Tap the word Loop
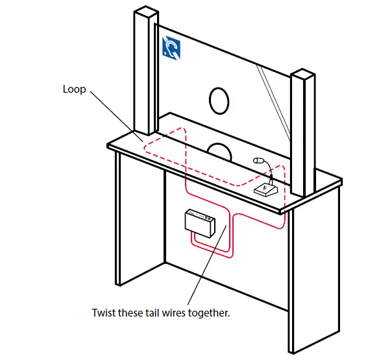click(74, 90)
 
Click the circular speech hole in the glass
click(219, 101)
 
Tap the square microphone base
click(266, 189)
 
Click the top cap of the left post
click(145, 12)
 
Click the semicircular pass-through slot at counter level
click(219, 150)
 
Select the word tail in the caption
click(150, 312)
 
